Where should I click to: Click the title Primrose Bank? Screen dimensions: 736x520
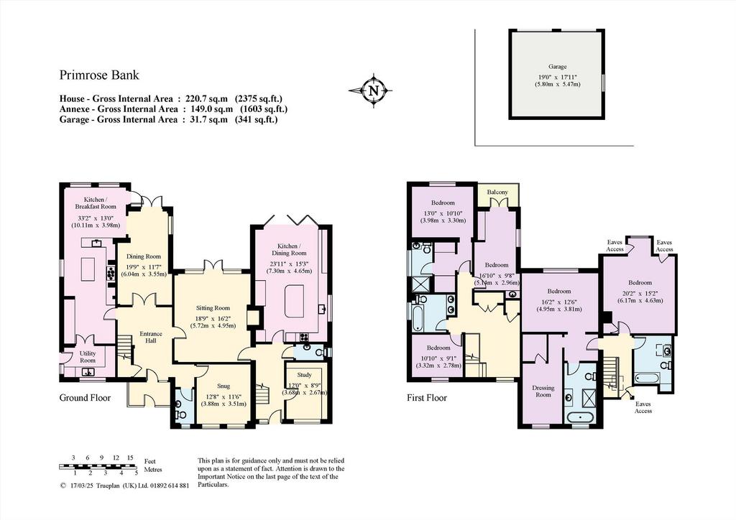pos(99,75)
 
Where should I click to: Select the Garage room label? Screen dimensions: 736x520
pos(557,67)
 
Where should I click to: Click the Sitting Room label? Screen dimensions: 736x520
pos(213,308)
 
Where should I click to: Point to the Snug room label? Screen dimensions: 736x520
pos(224,386)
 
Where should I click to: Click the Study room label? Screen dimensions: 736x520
pos(304,375)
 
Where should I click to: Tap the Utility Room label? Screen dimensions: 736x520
pos(88,357)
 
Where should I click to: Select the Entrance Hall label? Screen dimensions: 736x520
pos(151,337)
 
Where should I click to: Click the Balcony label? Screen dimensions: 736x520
pos(497,192)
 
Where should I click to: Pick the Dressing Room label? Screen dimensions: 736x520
pos(543,391)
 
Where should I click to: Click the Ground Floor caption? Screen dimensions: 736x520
pos(85,398)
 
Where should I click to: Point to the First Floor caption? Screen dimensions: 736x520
pos(427,398)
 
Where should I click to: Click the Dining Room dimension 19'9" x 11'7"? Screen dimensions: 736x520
pos(144,266)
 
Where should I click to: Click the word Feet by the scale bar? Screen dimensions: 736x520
pos(150,461)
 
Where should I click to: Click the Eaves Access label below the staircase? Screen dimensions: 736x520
pos(643,407)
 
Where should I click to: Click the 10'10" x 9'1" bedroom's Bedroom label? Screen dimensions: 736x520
pos(438,348)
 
